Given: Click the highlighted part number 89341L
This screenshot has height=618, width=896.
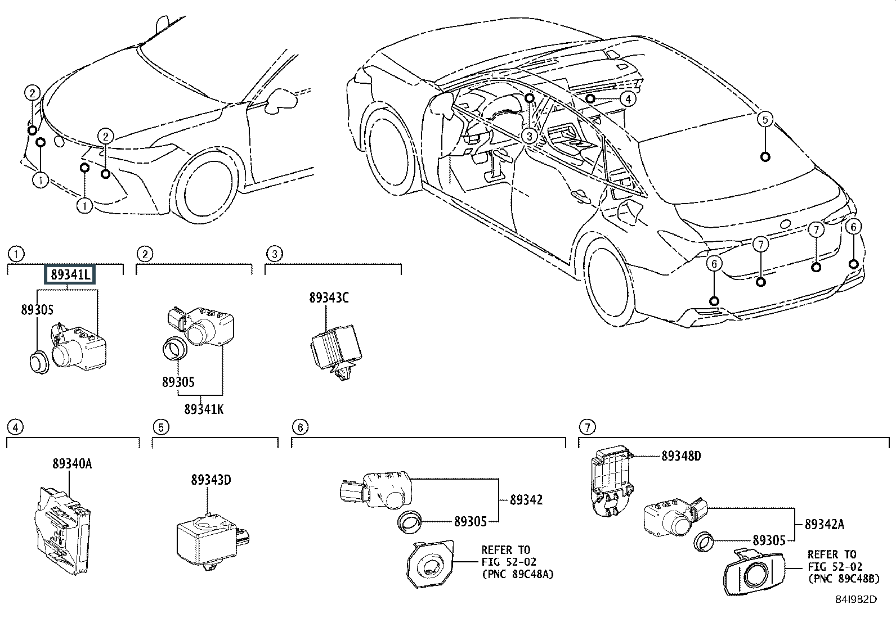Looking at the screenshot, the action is pos(70,274).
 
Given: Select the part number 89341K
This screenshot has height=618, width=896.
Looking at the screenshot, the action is pos(204,409).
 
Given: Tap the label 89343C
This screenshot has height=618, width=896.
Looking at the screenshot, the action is pos(329,298).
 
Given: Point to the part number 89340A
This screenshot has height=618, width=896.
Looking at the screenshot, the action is pos(72,464).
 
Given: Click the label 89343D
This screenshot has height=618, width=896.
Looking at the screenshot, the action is pos(211,480).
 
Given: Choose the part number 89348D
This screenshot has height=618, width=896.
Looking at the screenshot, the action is pos(681,456).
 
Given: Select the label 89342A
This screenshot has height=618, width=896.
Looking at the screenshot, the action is pos(825,524).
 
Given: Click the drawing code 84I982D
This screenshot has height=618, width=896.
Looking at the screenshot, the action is pos(855,599).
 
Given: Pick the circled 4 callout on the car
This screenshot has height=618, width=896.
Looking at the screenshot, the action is pos(628,99).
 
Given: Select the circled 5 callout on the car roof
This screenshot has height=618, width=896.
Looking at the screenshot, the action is pos(765,119).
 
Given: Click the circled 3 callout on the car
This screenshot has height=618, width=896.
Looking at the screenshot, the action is pos(529,136).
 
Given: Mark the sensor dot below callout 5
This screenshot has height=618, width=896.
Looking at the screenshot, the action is pos(765,157).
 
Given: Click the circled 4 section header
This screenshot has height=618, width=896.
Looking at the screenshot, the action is pos(15,427).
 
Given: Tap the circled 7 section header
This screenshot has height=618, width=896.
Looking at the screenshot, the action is pos(587,427).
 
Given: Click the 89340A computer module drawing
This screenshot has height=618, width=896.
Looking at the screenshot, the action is pos(62,530).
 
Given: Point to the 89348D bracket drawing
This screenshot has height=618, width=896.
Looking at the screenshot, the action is pos(612,480).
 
